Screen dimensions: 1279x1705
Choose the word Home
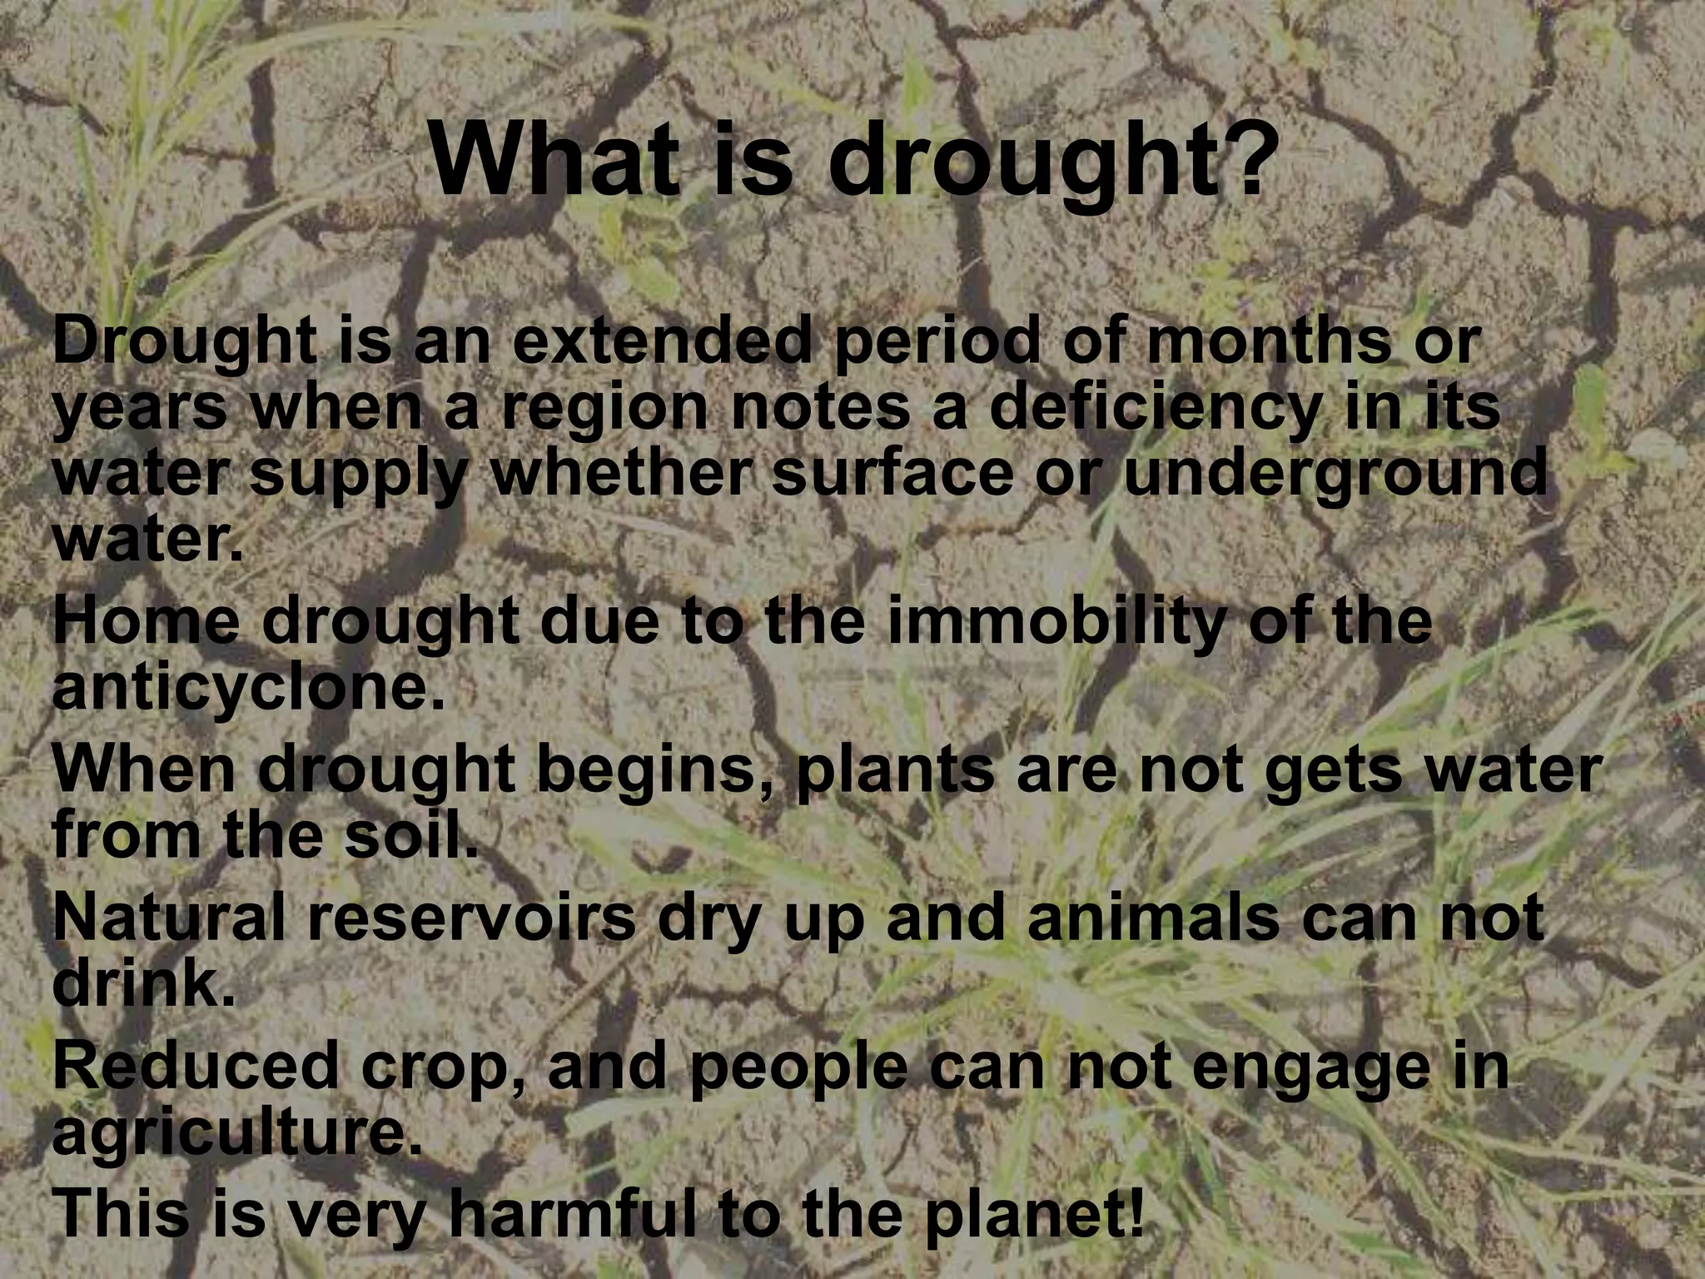[x=150, y=623]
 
